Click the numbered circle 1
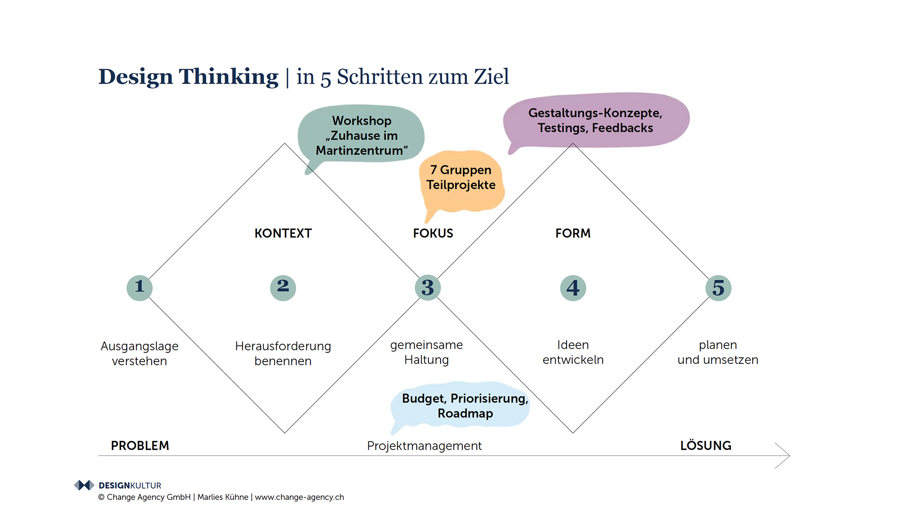[x=140, y=288]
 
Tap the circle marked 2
[x=283, y=288]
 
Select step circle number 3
[x=428, y=288]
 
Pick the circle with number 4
[x=573, y=288]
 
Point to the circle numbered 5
[x=718, y=288]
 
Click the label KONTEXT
[x=283, y=233]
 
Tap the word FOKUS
[x=433, y=233]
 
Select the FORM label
[x=573, y=233]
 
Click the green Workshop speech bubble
[x=361, y=135]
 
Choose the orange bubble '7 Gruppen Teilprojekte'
[x=461, y=179]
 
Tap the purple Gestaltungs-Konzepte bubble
[x=595, y=120]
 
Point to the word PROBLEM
[x=140, y=446]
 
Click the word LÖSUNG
[x=706, y=446]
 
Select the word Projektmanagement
[x=424, y=446]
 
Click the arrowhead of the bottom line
[x=785, y=456]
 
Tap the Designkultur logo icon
[x=84, y=485]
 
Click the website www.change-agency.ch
[x=299, y=497]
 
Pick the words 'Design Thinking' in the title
[x=188, y=77]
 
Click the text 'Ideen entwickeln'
[x=573, y=352]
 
